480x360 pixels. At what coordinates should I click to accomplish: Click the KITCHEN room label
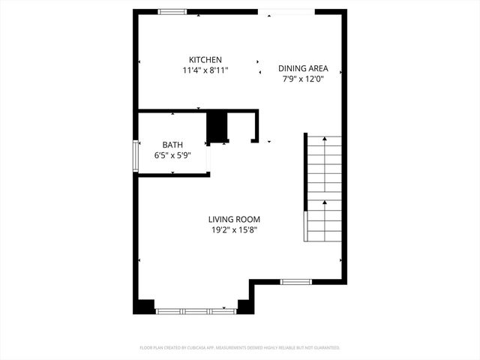click(x=205, y=60)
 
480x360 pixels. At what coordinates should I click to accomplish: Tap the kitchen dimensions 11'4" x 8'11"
click(x=205, y=70)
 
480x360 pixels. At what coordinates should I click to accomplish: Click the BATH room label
click(x=172, y=145)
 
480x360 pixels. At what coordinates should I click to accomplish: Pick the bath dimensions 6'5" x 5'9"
click(x=172, y=155)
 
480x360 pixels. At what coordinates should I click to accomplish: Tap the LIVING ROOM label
click(x=234, y=220)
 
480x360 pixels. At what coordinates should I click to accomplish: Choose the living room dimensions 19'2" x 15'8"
click(x=234, y=230)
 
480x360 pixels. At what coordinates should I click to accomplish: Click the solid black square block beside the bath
click(x=217, y=126)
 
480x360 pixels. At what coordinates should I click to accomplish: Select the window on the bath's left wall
click(x=136, y=156)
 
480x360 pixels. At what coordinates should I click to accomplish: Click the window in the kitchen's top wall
click(x=172, y=11)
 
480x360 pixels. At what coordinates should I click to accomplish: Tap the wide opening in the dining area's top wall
click(x=286, y=11)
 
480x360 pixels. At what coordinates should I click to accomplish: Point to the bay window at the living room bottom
click(x=195, y=310)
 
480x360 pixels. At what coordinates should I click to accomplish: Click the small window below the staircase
click(x=296, y=281)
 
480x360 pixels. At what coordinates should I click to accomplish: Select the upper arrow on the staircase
click(x=323, y=138)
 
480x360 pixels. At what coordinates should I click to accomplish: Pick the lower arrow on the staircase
click(x=323, y=202)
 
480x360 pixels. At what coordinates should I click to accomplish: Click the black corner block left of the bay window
click(x=144, y=306)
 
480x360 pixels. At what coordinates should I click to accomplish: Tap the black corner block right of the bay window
click(x=244, y=306)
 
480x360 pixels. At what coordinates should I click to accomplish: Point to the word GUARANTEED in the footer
click(x=324, y=348)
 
